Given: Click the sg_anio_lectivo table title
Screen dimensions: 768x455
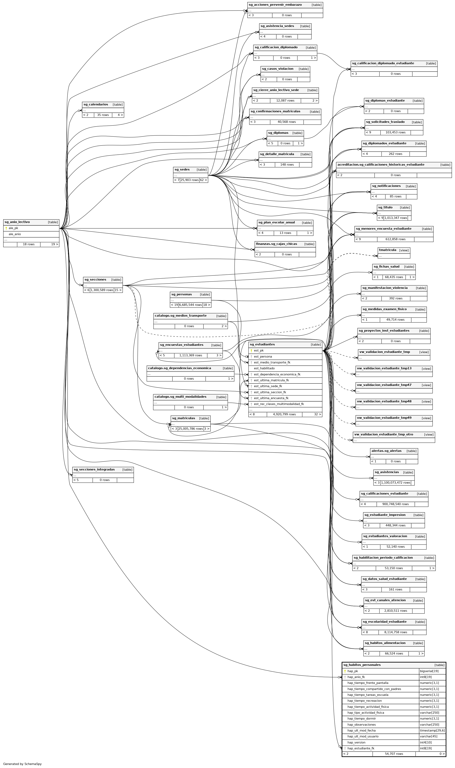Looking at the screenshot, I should [17, 222].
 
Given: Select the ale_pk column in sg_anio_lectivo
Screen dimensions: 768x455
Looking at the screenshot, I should [14, 228].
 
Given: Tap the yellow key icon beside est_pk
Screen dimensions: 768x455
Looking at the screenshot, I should [251, 350].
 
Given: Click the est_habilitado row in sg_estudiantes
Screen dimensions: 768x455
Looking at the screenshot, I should [264, 368].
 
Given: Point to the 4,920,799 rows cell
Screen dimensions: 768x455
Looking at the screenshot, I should [284, 414].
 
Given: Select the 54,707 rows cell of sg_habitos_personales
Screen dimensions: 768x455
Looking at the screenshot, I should [394, 754].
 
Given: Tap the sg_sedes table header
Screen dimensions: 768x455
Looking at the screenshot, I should [182, 169].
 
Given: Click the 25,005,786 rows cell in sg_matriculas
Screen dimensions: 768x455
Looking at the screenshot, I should [190, 429].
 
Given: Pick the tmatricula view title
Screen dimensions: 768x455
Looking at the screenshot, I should [388, 250].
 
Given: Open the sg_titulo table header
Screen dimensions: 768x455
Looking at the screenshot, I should [385, 208].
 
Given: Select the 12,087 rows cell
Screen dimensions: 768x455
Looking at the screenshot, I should [285, 101].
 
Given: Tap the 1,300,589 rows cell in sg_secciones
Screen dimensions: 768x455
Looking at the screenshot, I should [102, 290].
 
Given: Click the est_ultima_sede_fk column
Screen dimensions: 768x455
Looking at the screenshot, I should [268, 386].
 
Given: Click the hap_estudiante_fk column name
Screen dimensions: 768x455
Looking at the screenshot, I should [361, 748].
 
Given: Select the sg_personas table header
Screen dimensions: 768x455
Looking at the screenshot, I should [182, 294].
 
